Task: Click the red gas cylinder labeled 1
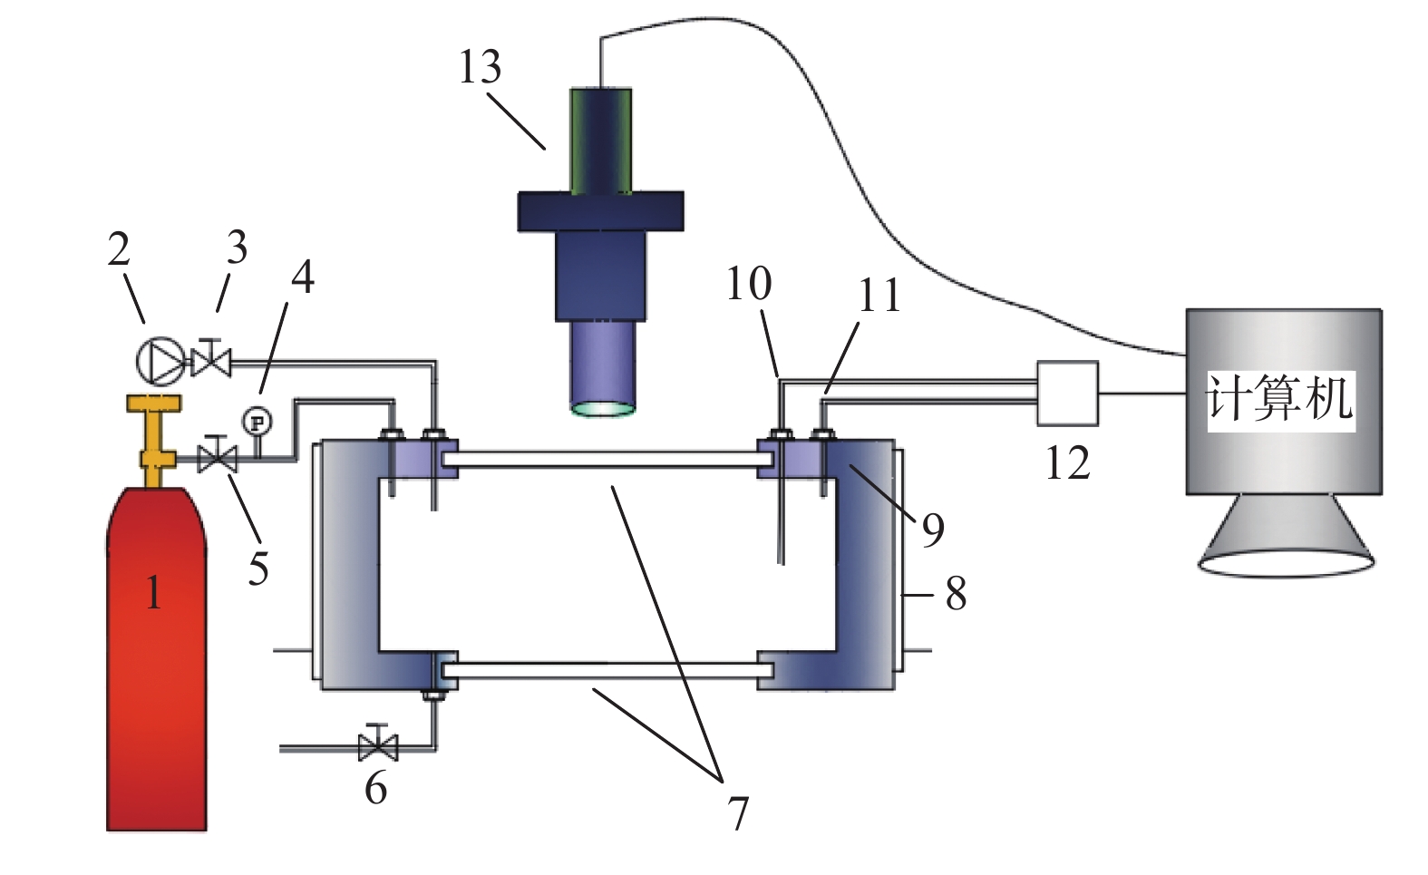(156, 662)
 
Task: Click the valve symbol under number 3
(211, 361)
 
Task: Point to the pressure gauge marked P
(257, 422)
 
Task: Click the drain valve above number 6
(378, 746)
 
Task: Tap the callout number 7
(739, 813)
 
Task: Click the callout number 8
(956, 594)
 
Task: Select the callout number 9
(933, 530)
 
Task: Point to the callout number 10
(749, 284)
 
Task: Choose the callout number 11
(879, 296)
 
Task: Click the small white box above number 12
(1067, 394)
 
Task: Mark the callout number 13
(480, 67)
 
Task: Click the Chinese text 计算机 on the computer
(1279, 399)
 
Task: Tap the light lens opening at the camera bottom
(602, 407)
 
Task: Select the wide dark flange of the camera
(600, 210)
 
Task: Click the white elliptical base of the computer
(1286, 561)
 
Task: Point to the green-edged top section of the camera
(600, 140)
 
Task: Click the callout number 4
(302, 277)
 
